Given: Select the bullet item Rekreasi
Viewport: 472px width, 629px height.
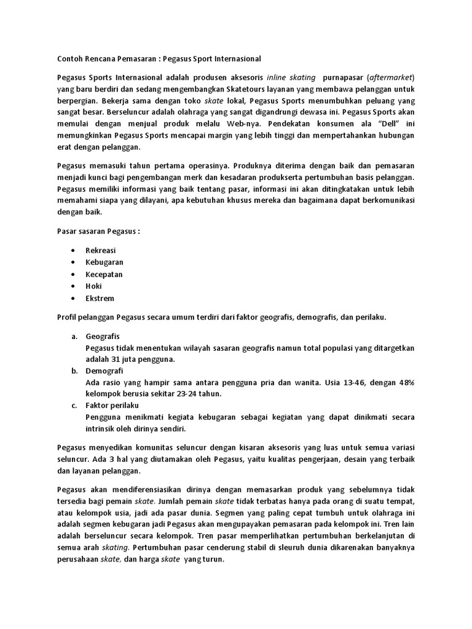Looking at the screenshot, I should click(101, 251).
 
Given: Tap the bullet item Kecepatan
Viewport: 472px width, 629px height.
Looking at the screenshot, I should click(104, 274).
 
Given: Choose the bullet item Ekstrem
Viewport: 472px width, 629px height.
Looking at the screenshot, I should click(100, 298).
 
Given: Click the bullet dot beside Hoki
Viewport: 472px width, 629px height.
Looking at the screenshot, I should click(73, 286).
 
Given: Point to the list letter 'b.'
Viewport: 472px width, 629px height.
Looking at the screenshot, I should click(74, 371).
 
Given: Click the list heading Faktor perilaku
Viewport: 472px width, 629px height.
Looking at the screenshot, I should click(112, 406).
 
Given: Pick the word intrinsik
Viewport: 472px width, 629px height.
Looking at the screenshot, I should click(103, 429).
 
